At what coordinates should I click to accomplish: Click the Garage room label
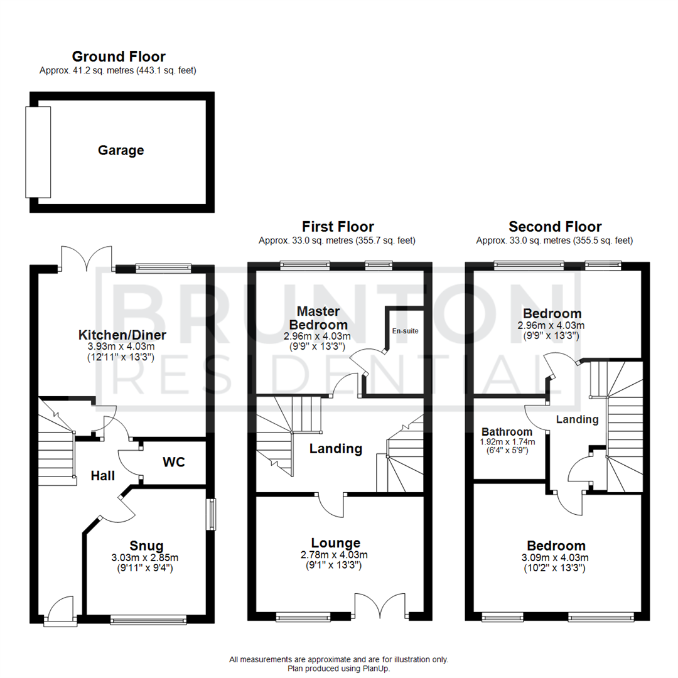click(x=121, y=151)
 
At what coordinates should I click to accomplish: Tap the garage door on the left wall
click(x=38, y=152)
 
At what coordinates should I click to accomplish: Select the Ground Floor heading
click(x=119, y=56)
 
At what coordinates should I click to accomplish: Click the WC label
click(x=173, y=462)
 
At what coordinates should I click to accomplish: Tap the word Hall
click(x=102, y=476)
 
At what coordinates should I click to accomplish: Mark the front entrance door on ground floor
click(x=62, y=612)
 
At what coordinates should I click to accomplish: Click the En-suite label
click(x=406, y=330)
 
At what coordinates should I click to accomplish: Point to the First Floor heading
click(x=338, y=227)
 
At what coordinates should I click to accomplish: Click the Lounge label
click(x=336, y=543)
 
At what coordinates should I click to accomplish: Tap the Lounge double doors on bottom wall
click(x=380, y=606)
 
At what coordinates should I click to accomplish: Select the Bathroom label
click(x=507, y=432)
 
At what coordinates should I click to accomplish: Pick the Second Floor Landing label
click(x=578, y=419)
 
